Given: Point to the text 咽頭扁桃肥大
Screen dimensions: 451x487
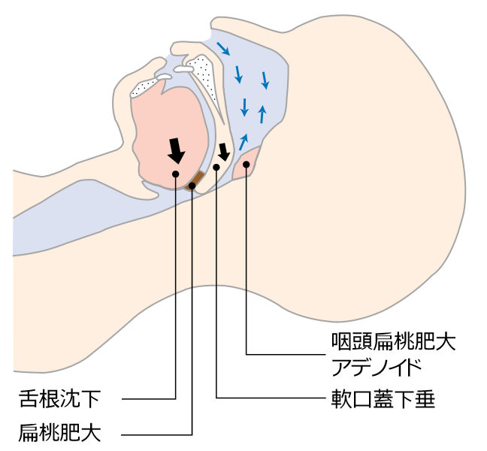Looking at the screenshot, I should tap(393, 342).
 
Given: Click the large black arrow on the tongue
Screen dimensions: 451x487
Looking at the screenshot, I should tap(176, 150).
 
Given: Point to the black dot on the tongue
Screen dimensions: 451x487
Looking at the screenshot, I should tap(175, 174).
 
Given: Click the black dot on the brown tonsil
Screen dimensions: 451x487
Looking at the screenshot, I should tap(192, 184).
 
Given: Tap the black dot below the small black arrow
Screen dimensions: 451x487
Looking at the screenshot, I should tap(216, 167).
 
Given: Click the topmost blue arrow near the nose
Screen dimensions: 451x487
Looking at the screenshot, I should tap(223, 49).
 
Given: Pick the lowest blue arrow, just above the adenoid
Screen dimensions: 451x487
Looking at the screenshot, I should tap(243, 141).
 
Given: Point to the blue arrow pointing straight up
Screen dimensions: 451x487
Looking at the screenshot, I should tap(262, 114).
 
